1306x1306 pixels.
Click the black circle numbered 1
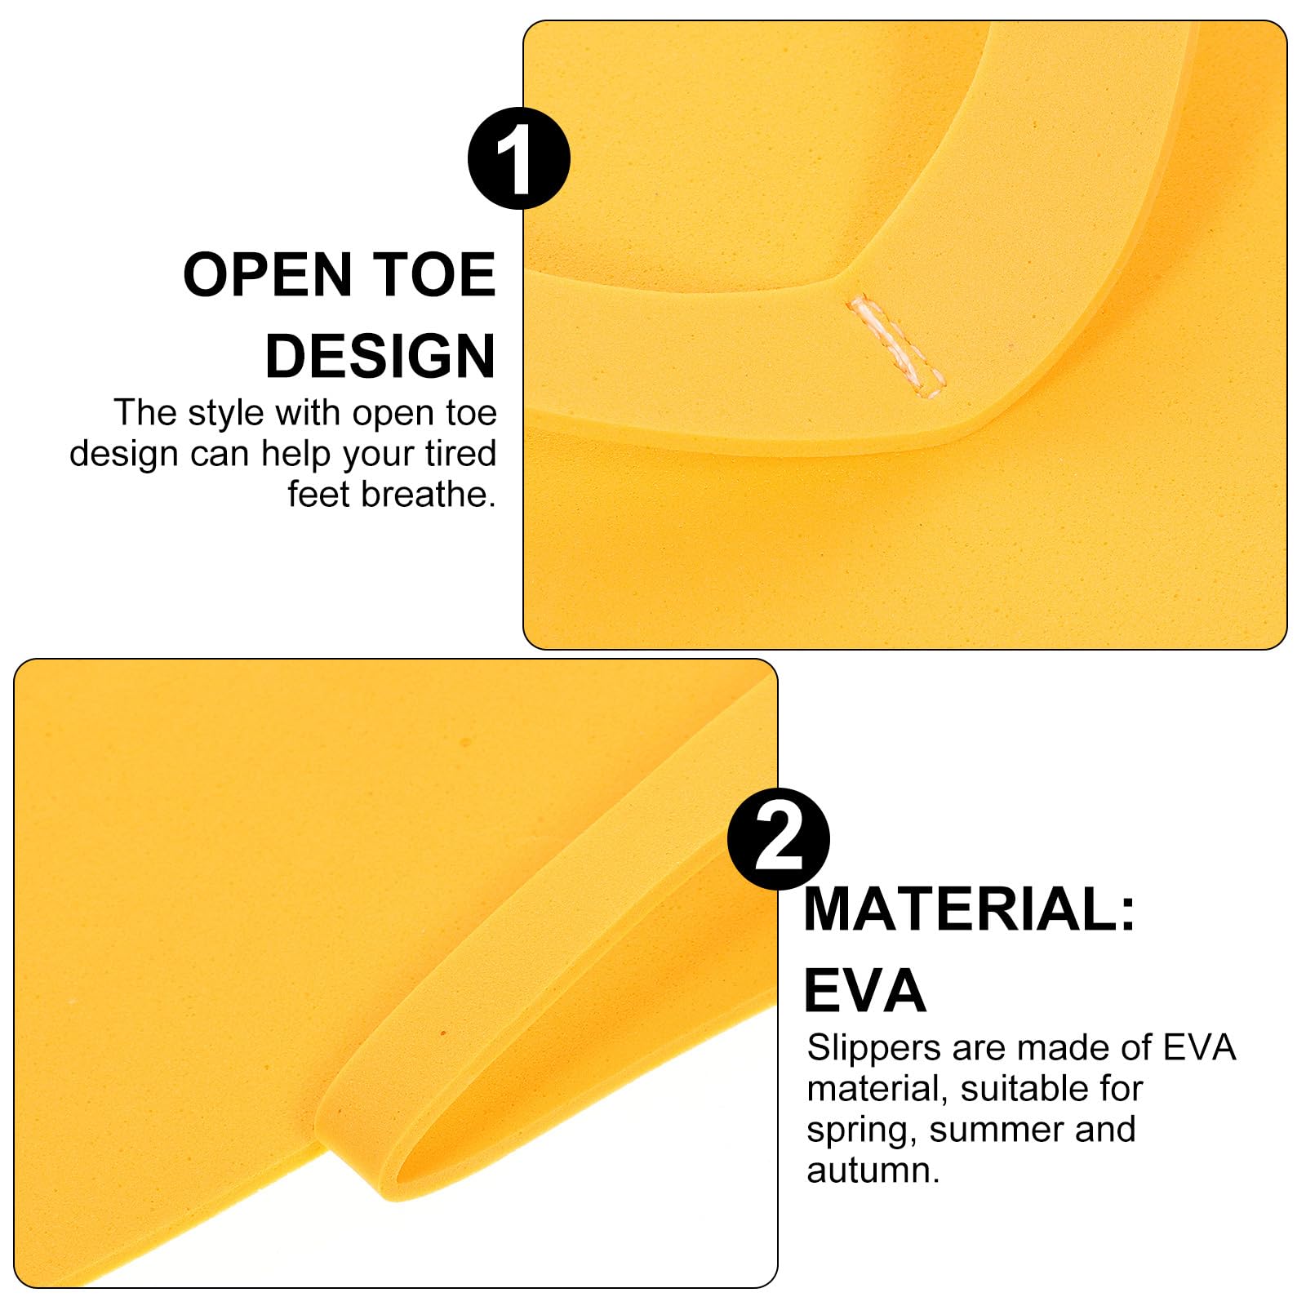coord(518,158)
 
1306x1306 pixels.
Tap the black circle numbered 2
coord(779,838)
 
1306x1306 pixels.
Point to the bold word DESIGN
coord(380,356)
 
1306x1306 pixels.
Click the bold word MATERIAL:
coord(970,909)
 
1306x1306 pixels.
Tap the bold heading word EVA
coord(865,990)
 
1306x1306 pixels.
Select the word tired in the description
coord(460,453)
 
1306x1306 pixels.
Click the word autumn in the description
coord(873,1171)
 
